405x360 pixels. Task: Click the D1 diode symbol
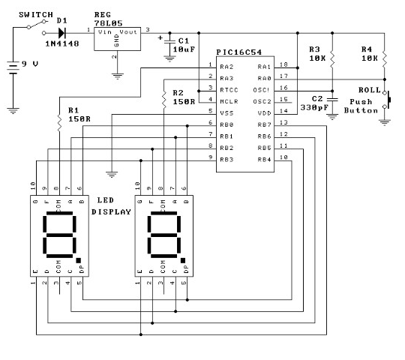62,33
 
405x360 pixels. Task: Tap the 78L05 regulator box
117,39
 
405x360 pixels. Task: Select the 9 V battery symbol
13,68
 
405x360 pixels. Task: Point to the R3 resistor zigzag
332,60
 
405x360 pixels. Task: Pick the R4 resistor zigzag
384,60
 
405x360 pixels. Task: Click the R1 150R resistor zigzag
59,123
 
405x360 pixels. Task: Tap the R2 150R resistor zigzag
163,100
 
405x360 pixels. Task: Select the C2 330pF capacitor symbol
332,100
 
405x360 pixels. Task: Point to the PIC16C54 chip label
239,52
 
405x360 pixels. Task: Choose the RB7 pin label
264,124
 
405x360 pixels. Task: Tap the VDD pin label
264,113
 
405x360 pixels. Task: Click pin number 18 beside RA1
283,64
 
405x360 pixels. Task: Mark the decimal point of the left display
79,260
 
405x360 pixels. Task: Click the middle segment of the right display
163,235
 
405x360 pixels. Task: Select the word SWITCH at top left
36,15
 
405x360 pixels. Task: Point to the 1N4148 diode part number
62,43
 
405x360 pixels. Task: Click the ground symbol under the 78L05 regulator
117,76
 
